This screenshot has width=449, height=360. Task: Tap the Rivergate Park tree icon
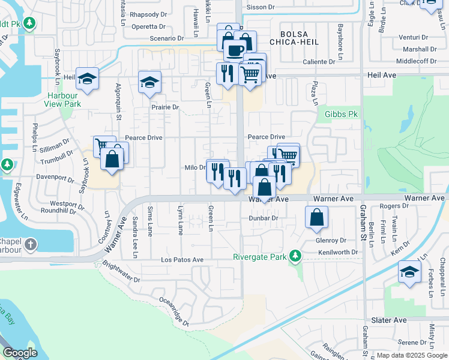pos(294,256)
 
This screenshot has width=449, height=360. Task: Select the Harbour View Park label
pos(62,100)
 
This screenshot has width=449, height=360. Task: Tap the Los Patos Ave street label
pos(182,260)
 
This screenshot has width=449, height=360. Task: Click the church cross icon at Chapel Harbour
pos(31,244)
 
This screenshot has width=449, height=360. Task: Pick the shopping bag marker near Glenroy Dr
pos(317,217)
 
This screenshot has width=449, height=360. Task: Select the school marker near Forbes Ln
pos(409,272)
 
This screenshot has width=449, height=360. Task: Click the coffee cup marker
pos(234,49)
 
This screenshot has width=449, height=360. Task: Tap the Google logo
pos(20,353)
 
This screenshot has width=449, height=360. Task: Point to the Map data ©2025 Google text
pos(411,355)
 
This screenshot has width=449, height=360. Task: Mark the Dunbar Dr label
pos(264,218)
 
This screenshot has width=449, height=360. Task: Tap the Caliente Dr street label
pos(319,62)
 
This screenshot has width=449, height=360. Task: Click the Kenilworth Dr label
pos(338,253)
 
